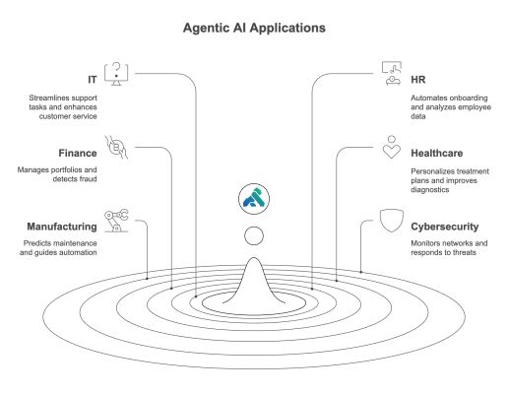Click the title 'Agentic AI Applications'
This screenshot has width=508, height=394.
254,29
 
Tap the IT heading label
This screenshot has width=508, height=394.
93,80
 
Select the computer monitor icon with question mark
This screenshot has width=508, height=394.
116,74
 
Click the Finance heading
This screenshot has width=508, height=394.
78,154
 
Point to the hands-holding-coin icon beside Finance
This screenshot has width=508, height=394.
116,147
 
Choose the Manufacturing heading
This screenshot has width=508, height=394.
62,227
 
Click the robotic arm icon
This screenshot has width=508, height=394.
116,221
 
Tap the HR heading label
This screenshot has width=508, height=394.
418,80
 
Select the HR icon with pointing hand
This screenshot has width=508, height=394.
392,74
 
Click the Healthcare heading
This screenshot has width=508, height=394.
437,154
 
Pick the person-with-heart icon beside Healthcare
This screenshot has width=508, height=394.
392,147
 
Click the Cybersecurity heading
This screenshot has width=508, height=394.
445,227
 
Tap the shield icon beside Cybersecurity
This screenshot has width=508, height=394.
392,221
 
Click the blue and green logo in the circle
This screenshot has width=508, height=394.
254,199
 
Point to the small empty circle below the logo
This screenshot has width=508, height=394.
254,235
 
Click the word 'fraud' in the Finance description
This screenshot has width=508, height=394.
88,179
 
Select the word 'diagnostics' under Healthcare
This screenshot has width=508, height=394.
430,190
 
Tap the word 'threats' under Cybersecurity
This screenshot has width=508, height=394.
465,252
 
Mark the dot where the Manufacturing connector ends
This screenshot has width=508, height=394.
147,279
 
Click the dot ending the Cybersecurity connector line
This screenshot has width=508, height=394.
361,272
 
